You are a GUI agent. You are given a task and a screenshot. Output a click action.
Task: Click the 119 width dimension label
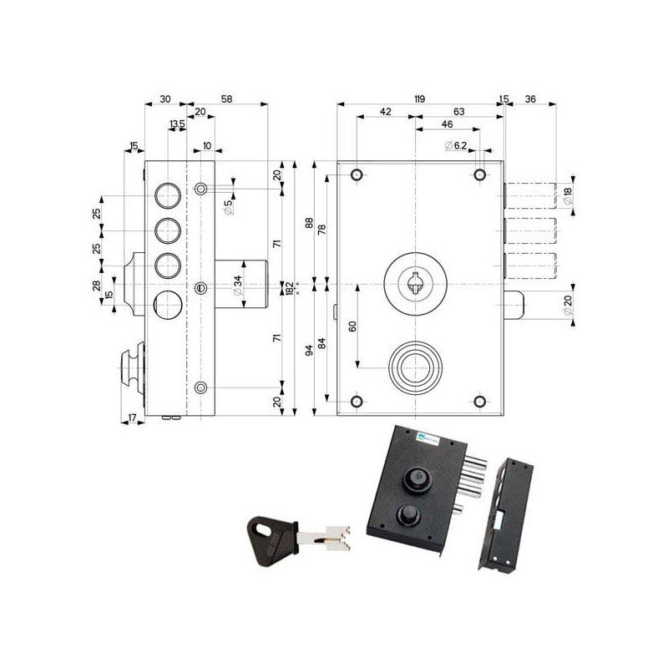coord(419,99)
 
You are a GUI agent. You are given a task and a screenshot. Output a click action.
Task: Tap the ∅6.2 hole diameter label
coord(455,146)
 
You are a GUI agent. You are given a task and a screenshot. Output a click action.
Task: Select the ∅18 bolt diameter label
coord(569,194)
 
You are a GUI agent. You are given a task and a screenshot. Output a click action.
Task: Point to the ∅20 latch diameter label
coord(569,306)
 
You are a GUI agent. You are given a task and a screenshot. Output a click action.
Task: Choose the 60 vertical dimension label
coord(352,326)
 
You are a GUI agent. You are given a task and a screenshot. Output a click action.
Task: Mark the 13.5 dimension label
coord(177,124)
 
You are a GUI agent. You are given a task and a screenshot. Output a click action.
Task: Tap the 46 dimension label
coord(447,124)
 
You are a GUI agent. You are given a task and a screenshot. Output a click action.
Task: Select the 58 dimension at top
coord(227,99)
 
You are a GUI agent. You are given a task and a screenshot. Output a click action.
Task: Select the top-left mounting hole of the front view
coord(357,175)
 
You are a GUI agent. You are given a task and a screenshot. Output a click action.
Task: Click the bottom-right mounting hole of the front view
coord(479,402)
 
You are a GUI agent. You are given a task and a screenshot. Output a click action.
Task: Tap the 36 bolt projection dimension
coord(530,99)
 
